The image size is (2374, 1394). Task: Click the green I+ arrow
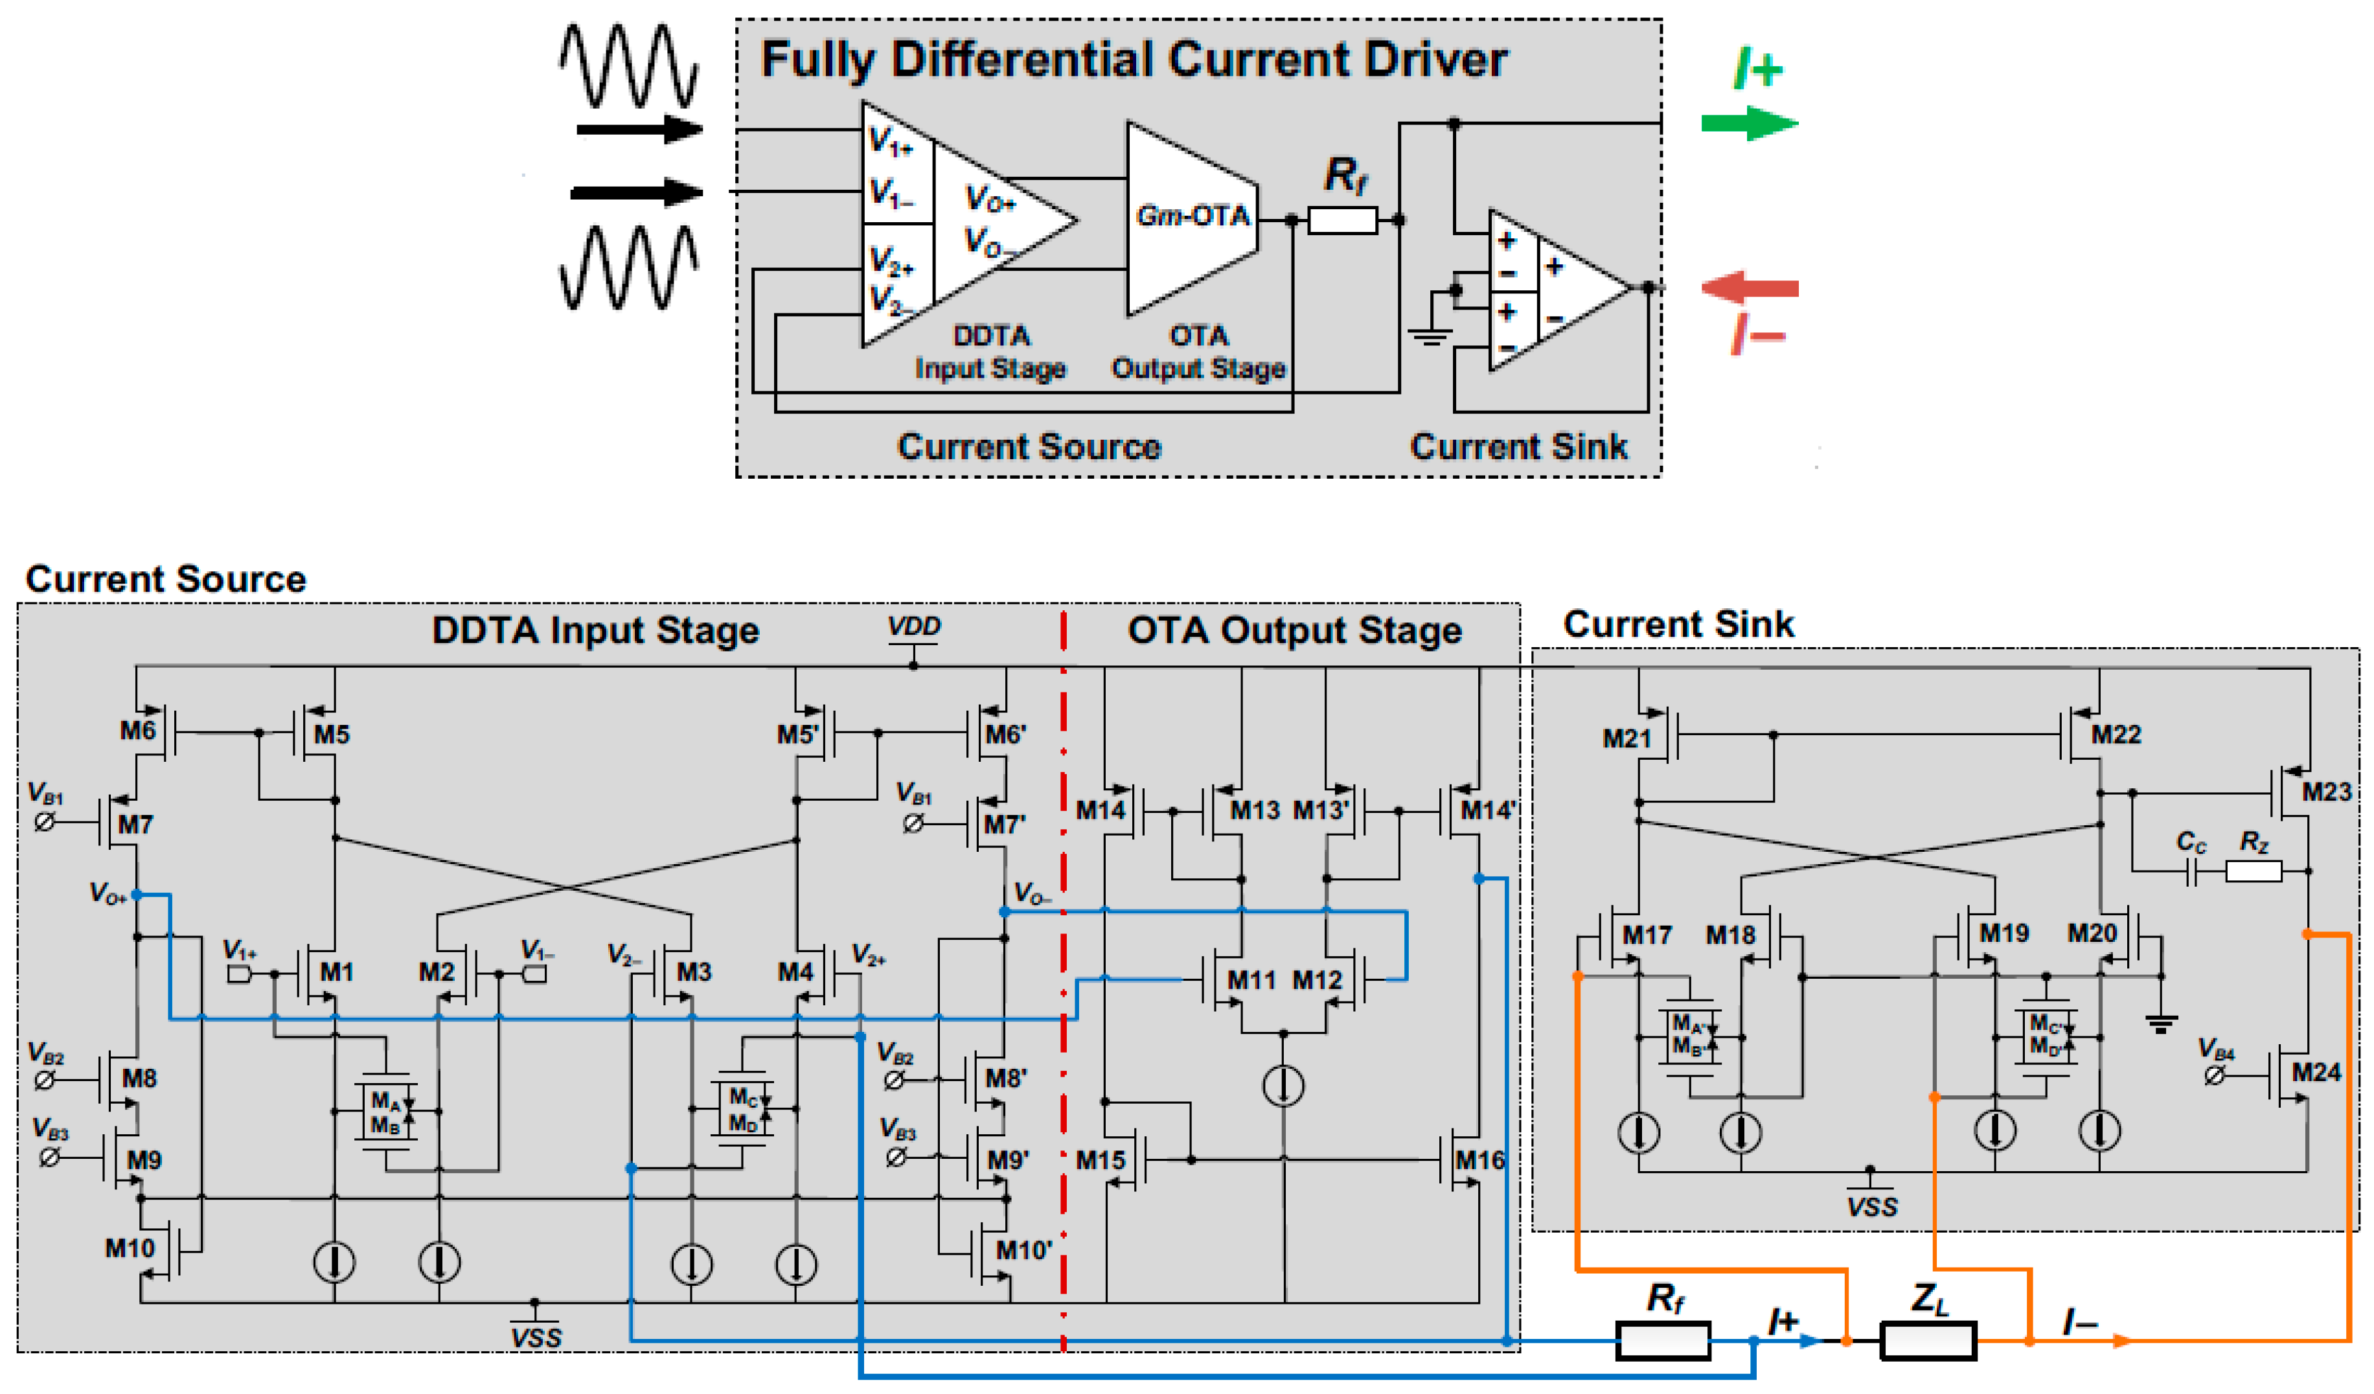(1750, 123)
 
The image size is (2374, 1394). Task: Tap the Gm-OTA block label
(1193, 216)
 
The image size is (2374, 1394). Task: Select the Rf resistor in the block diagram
(1342, 220)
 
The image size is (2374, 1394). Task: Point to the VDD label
(914, 627)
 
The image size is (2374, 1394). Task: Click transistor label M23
(2326, 791)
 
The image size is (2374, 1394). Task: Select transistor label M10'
(1024, 1250)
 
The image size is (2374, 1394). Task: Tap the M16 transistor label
(1480, 1160)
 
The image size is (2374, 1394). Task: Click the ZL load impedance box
(1928, 1340)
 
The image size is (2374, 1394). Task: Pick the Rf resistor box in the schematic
(1663, 1340)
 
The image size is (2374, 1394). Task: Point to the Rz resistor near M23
(2254, 871)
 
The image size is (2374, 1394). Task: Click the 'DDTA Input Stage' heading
(595, 630)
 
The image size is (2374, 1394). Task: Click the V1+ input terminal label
(239, 950)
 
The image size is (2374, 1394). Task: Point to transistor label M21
(1627, 738)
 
